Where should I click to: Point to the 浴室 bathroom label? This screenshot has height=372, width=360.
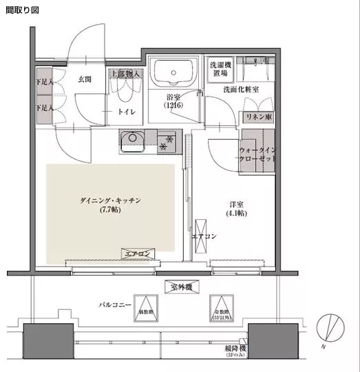[x=173, y=101]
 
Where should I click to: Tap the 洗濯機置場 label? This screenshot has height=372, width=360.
[x=220, y=69]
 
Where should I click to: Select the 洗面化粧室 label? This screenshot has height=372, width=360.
[x=241, y=90]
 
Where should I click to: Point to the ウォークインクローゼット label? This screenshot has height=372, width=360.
[x=257, y=154]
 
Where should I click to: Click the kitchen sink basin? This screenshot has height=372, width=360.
[x=131, y=143]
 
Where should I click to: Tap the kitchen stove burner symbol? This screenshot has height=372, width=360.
[x=165, y=144]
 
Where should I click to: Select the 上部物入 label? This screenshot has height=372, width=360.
[x=125, y=74]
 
